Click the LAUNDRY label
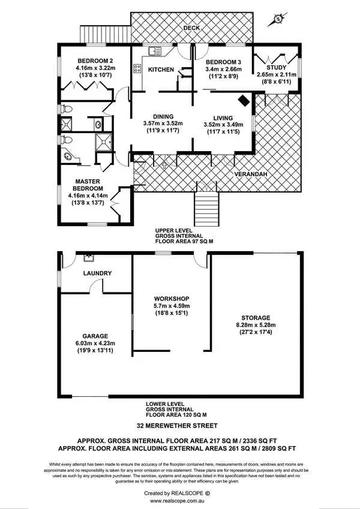pyautogui.click(x=97, y=273)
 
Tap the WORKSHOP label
pyautogui.click(x=172, y=299)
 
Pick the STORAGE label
pyautogui.click(x=256, y=318)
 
